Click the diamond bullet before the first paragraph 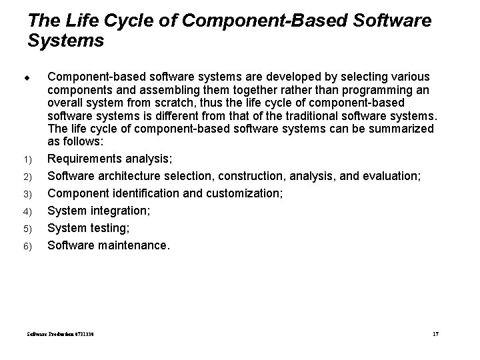(x=31, y=79)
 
